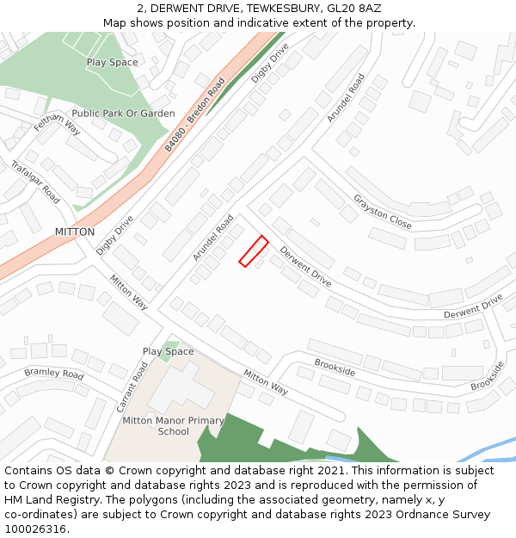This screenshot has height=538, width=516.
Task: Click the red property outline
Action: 253,251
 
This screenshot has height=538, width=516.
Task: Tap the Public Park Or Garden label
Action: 123,114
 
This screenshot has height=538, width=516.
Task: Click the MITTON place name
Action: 74,232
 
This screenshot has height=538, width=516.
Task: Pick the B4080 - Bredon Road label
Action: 194,114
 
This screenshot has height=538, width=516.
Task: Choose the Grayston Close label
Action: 382,212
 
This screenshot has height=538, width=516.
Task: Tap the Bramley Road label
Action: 54,374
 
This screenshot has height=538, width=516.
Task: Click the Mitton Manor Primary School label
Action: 173,426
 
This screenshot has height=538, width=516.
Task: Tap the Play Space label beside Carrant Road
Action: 169,351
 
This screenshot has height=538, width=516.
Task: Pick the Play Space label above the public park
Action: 112,62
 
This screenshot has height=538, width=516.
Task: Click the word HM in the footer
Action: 15,499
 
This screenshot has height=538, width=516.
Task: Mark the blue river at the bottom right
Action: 482,451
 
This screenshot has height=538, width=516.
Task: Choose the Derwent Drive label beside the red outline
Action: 305,268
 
